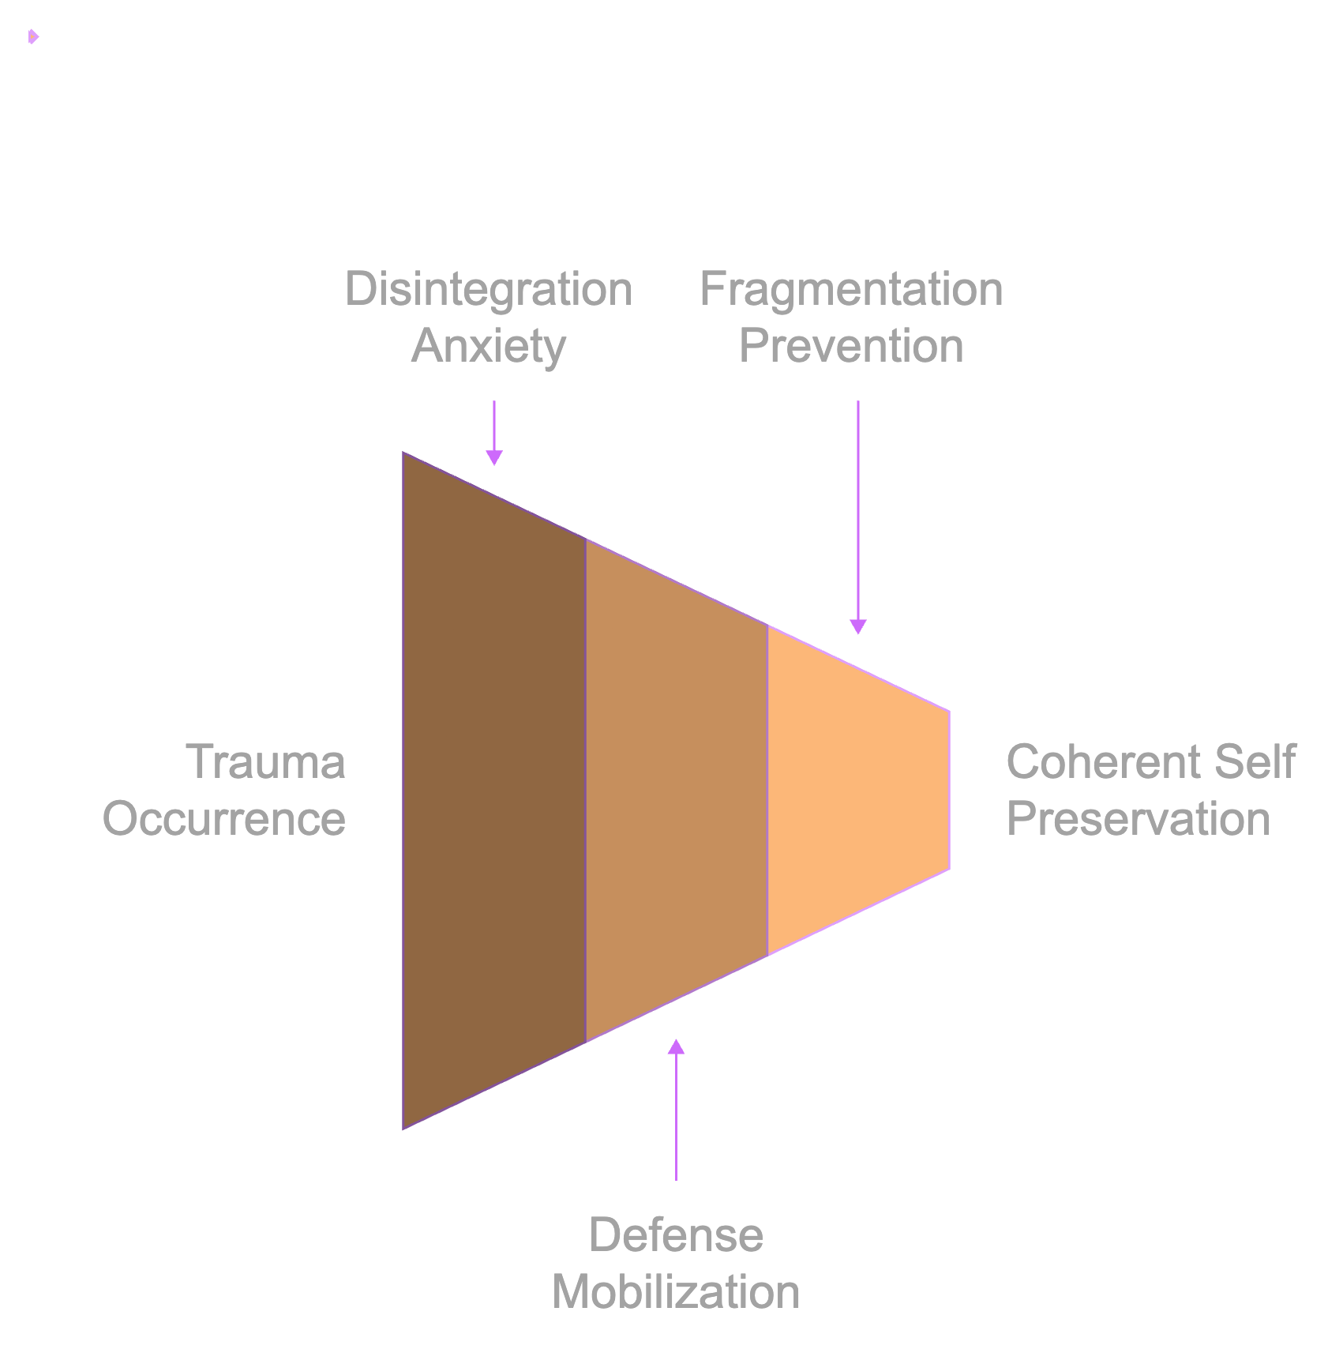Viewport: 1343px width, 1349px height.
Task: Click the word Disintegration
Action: point(489,289)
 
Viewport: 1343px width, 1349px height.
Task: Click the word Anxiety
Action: point(489,346)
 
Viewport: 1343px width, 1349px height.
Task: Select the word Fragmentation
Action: point(851,289)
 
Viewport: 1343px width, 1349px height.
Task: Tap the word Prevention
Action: point(851,346)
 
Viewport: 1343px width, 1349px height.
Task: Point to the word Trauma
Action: point(265,762)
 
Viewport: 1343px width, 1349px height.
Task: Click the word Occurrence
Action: point(224,818)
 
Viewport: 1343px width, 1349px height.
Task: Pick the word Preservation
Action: point(1139,818)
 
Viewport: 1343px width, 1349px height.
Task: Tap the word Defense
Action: point(676,1234)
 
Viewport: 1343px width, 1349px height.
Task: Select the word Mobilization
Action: point(676,1292)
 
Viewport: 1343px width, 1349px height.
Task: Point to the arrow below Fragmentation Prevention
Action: point(858,513)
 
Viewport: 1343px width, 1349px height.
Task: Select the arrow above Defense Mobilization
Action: point(676,1114)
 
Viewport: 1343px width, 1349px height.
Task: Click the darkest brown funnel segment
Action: point(494,790)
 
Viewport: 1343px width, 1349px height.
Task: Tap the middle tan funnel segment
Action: point(677,790)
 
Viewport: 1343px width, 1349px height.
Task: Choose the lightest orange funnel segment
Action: point(858,790)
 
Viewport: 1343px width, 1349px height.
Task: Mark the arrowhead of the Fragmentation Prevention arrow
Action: point(858,626)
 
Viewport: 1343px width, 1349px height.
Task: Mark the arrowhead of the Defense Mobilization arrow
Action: point(676,1047)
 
